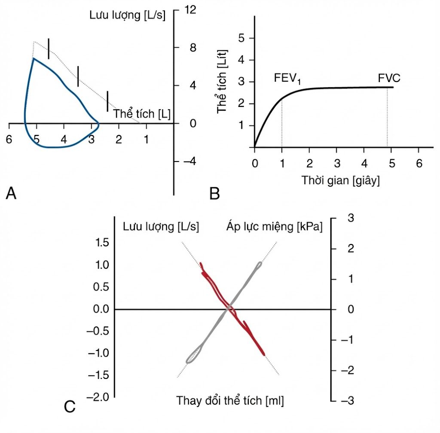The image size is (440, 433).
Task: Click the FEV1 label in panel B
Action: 287,79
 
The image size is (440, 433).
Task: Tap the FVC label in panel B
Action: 389,78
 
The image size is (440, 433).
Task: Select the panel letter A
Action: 11,193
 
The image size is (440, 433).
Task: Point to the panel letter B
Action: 215,193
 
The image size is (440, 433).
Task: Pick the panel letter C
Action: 70,406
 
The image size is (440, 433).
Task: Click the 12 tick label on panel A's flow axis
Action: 190,10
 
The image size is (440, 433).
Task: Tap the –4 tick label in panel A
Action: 189,162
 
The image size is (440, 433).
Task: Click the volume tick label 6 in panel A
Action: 9,139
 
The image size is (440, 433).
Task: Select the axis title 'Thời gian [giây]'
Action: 341,180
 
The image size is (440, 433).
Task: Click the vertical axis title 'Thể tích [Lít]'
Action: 222,81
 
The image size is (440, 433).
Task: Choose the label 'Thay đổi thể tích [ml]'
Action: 230,400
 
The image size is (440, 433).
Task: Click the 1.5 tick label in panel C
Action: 102,243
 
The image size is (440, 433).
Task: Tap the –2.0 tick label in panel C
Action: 98,397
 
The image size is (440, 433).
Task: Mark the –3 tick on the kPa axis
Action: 347,400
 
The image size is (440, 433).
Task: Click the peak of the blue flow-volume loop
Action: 34,58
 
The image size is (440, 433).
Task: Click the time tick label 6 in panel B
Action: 419,163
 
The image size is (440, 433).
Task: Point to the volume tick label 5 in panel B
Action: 241,38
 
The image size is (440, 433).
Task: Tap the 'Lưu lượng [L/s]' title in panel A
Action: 127,15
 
